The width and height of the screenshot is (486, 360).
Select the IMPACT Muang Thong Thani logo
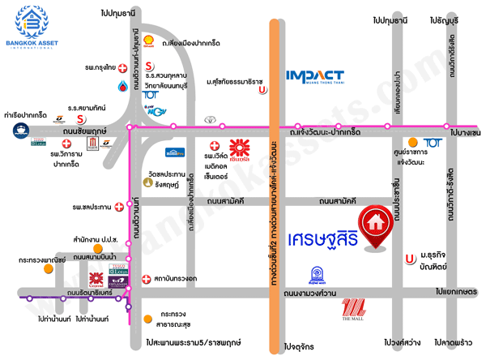326,78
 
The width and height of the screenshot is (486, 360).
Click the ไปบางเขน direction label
466,132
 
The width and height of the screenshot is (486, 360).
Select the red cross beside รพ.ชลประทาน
119,207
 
